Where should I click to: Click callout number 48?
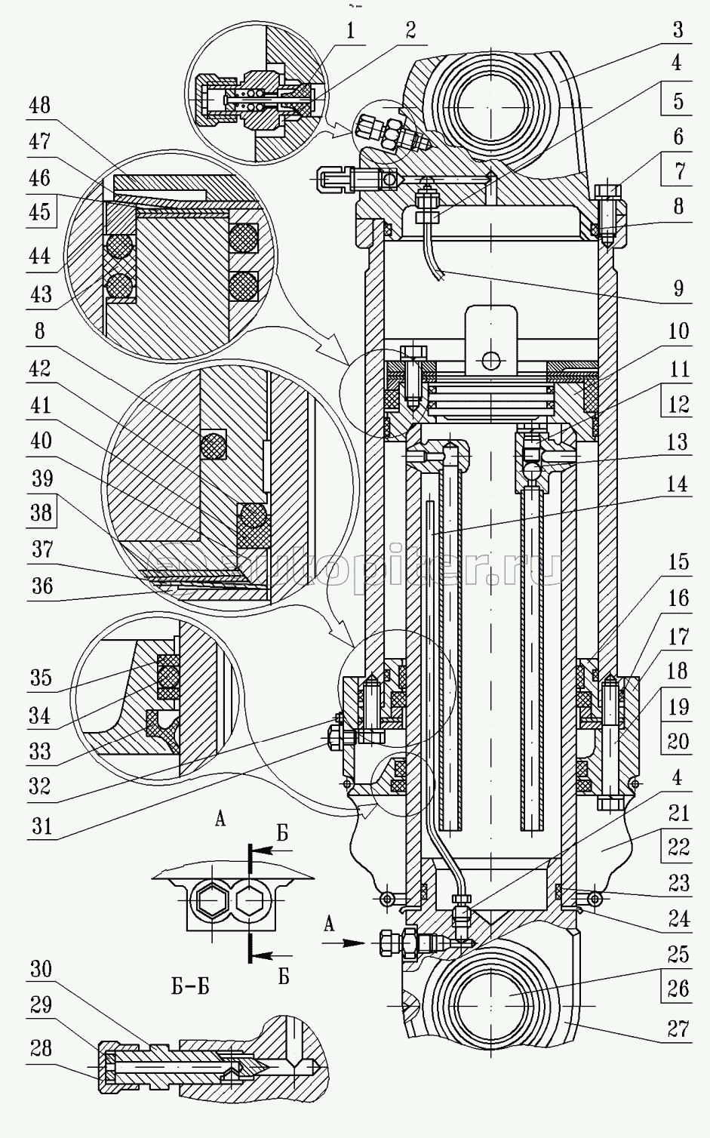(39, 105)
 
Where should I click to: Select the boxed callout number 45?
(39, 214)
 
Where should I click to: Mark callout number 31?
(39, 825)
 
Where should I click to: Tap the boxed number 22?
(678, 847)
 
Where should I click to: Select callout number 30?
(39, 968)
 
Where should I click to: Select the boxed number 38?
(39, 513)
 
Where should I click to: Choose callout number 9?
(678, 288)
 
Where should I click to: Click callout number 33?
(39, 751)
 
